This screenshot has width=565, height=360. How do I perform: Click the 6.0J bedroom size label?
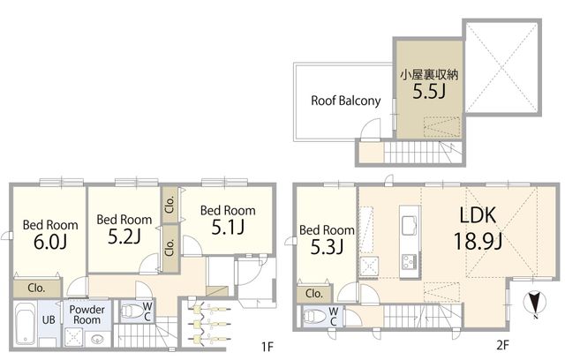[50, 242]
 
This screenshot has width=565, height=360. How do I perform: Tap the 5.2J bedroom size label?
[124, 236]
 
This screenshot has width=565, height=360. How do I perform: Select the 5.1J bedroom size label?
[228, 227]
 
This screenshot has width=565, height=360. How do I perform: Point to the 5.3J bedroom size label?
[327, 247]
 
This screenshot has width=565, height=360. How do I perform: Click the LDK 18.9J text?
[478, 229]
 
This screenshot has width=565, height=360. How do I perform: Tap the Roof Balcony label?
[345, 101]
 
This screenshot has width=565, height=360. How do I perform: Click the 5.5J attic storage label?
[429, 92]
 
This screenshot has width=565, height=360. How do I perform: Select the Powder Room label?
[87, 315]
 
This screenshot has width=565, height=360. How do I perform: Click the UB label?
[49, 319]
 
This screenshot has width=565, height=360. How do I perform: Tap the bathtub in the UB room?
[26, 324]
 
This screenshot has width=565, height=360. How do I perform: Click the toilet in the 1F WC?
[132, 311]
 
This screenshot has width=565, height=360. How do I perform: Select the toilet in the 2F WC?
[314, 316]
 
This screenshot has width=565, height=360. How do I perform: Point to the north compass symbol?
[535, 304]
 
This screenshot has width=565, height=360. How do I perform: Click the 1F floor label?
[267, 347]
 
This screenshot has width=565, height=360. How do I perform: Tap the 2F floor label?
[502, 345]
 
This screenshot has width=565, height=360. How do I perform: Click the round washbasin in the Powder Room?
[96, 339]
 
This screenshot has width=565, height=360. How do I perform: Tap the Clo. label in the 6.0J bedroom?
[36, 288]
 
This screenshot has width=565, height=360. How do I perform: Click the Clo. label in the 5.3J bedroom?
[314, 294]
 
